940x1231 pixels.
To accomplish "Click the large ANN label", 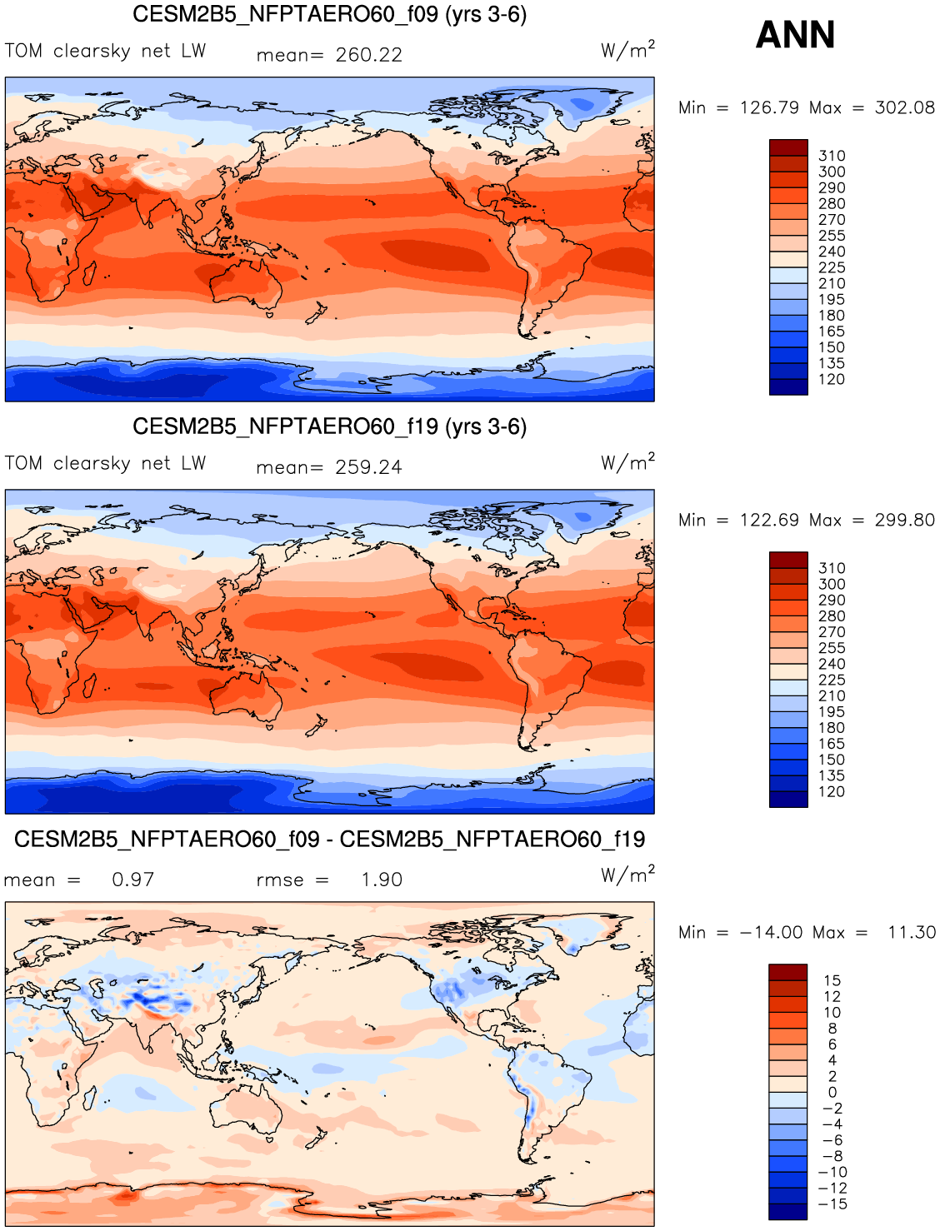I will click(x=795, y=35).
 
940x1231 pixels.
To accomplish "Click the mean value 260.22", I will click(x=368, y=55).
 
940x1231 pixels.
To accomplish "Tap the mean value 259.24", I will click(x=368, y=467).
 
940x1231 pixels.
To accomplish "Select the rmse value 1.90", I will click(x=382, y=880).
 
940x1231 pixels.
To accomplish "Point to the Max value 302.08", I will click(x=904, y=107).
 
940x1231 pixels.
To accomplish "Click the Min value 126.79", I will click(x=769, y=107).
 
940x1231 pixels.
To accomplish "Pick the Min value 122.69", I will click(x=769, y=520).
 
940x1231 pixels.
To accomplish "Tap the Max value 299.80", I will click(x=904, y=520).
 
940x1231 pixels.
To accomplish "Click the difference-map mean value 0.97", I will click(x=133, y=880).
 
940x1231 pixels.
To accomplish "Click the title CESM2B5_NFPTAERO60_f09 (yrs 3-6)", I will click(x=329, y=14).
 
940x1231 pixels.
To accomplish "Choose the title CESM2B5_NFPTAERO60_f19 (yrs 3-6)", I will click(x=329, y=426).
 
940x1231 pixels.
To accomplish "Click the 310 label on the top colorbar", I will click(x=832, y=156).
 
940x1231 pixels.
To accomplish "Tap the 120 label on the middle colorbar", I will click(x=832, y=791).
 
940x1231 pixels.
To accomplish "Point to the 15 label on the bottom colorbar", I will click(x=832, y=980).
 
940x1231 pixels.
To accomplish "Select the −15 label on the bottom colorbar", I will click(x=833, y=1204).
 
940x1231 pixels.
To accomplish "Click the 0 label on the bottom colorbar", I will click(x=832, y=1092).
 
